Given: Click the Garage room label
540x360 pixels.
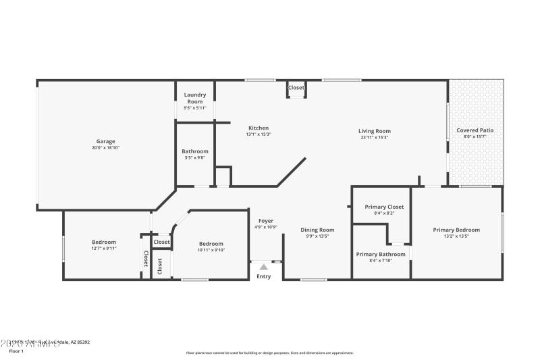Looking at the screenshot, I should click(x=105, y=141).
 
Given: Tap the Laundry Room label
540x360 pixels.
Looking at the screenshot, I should click(x=195, y=98).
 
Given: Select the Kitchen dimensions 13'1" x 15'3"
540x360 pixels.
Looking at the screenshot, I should click(x=259, y=134).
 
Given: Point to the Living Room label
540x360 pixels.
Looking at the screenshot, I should click(x=374, y=131).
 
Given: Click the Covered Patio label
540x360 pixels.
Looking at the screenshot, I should click(x=476, y=130).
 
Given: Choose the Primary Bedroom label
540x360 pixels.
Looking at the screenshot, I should click(x=456, y=230).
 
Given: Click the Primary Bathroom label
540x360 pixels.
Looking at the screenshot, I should click(x=381, y=254).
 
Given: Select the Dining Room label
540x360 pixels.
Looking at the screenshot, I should click(x=317, y=230).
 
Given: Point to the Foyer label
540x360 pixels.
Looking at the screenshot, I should click(x=265, y=221).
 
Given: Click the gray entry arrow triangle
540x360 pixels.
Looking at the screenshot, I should click(x=264, y=267).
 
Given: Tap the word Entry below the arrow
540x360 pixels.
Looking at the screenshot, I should click(x=264, y=276).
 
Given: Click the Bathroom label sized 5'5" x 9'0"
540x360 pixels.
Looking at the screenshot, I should click(x=195, y=151).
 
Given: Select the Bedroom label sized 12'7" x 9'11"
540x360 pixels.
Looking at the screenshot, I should click(x=104, y=242).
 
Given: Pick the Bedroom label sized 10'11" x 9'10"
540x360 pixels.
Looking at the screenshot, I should click(x=211, y=244).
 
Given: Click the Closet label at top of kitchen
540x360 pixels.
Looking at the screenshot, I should click(x=296, y=88).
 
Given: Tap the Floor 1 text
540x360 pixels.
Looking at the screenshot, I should click(x=16, y=351).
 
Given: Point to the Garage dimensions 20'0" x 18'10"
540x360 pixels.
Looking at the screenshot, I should click(x=105, y=147).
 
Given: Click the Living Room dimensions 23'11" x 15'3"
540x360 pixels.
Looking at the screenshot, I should click(x=374, y=138).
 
